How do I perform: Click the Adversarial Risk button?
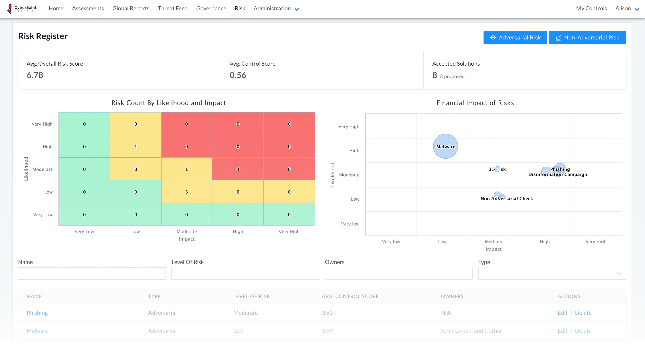(x=515, y=38)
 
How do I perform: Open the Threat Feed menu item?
(x=173, y=9)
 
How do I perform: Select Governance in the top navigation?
(x=211, y=9)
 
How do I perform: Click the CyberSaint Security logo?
(x=22, y=9)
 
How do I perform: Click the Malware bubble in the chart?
(x=445, y=146)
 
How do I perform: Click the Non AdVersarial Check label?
(x=507, y=199)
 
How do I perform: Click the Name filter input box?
(x=92, y=273)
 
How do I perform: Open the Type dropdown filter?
(x=552, y=273)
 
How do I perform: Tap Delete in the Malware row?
(x=583, y=331)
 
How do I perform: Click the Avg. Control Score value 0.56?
(x=238, y=75)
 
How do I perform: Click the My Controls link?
(x=591, y=9)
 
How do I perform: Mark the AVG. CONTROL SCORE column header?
(x=350, y=296)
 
